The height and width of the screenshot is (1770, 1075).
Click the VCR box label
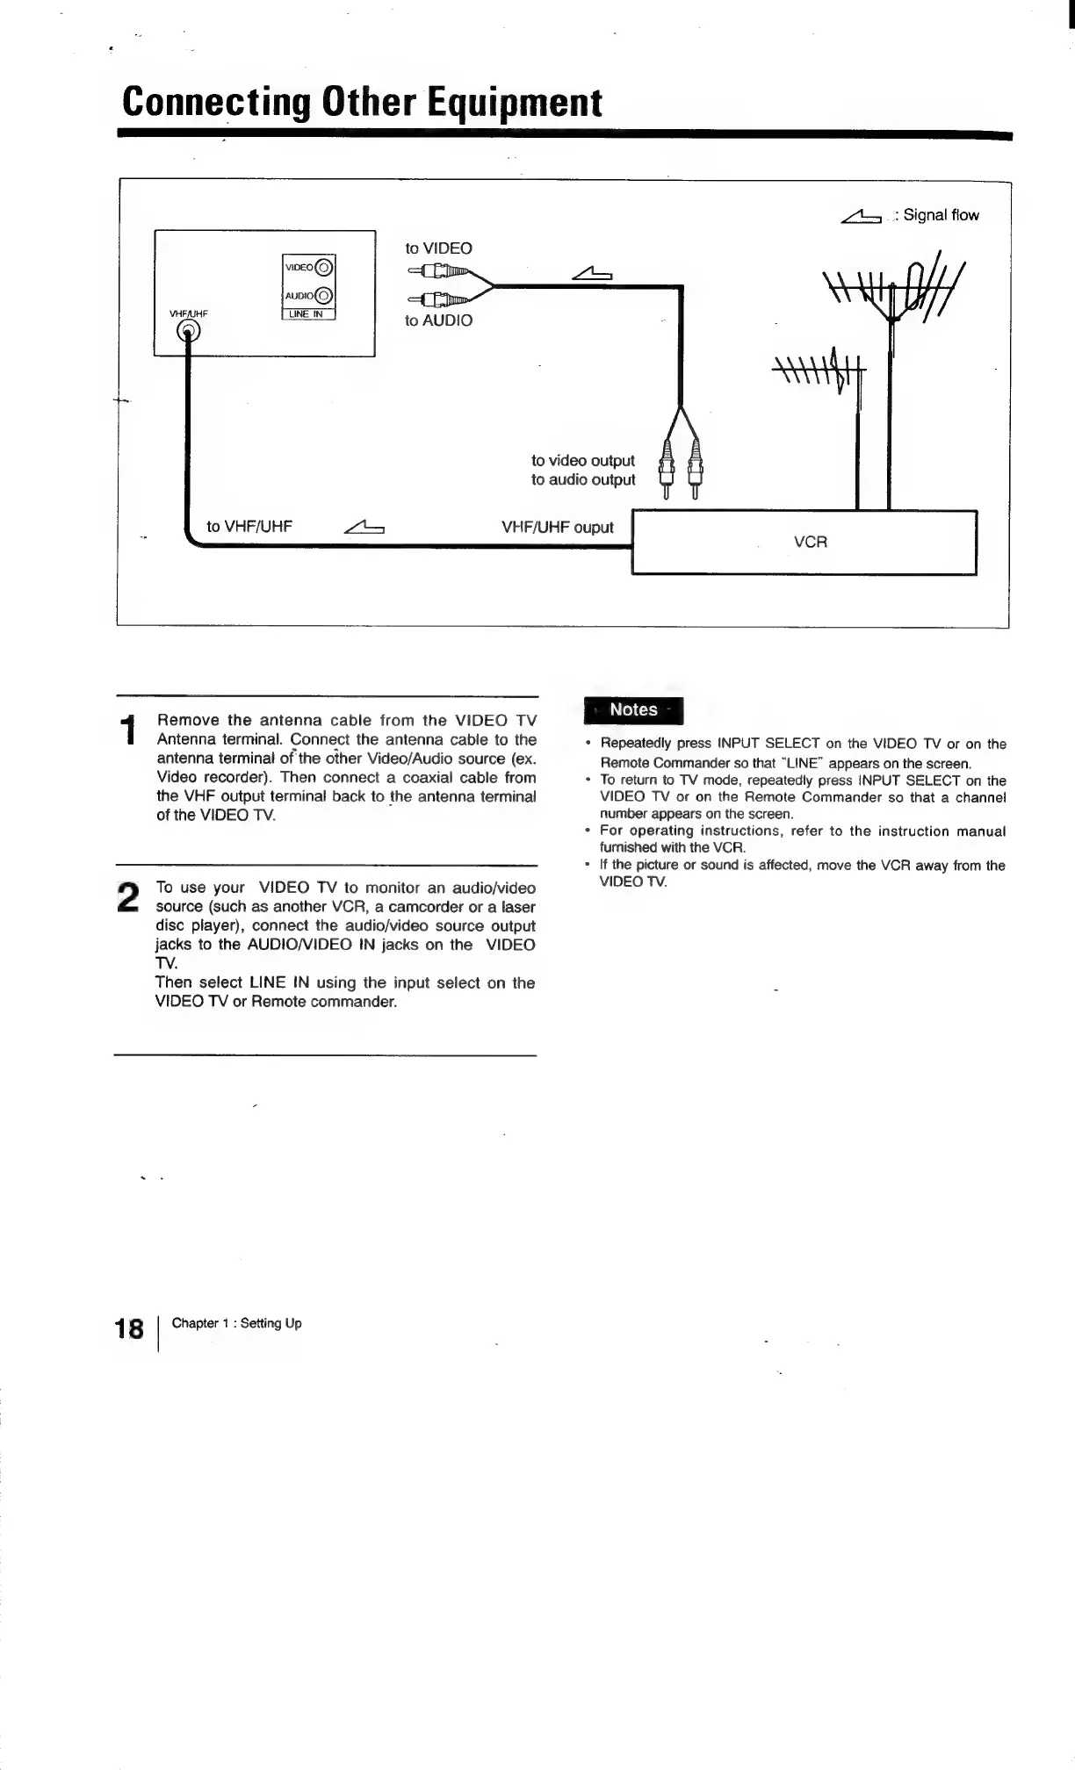pyautogui.click(x=810, y=542)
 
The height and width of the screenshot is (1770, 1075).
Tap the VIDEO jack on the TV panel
pyautogui.click(x=323, y=268)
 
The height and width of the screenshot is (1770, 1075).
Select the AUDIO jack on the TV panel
pyautogui.click(x=323, y=296)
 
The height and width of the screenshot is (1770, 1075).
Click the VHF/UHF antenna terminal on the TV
pyautogui.click(x=188, y=330)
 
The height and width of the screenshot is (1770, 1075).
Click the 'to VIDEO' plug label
pyautogui.click(x=438, y=248)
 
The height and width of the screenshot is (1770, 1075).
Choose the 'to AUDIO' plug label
pyautogui.click(x=438, y=320)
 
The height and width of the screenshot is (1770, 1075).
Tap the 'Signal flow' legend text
pyautogui.click(x=941, y=215)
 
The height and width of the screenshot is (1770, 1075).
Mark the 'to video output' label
pyautogui.click(x=582, y=461)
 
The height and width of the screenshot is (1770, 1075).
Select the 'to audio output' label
pyautogui.click(x=582, y=480)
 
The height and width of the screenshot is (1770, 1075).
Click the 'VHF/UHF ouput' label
pyautogui.click(x=557, y=528)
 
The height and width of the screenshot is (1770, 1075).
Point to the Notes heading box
pyautogui.click(x=633, y=709)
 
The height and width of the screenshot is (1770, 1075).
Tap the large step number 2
pyautogui.click(x=128, y=896)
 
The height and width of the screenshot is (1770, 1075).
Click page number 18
pyautogui.click(x=129, y=1328)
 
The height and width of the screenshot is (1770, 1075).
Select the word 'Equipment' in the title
pyautogui.click(x=515, y=102)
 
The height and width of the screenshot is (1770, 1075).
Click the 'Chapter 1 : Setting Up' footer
pyautogui.click(x=236, y=1323)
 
